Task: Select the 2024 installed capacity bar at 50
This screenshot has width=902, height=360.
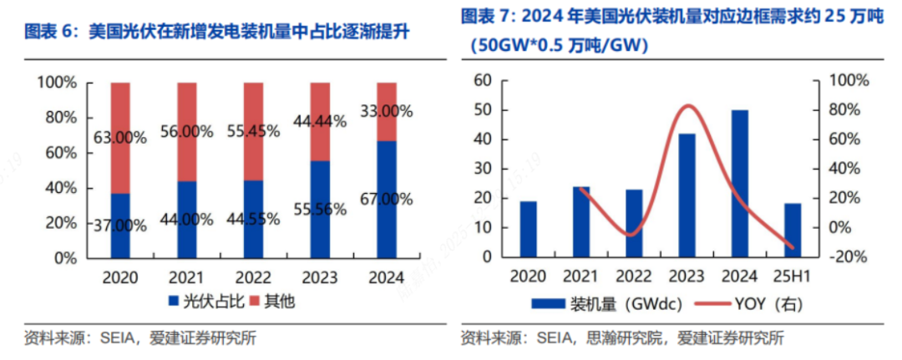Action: [739, 183]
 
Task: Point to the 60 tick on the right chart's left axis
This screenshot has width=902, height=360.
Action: [479, 80]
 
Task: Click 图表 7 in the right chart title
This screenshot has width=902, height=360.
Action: [489, 17]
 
